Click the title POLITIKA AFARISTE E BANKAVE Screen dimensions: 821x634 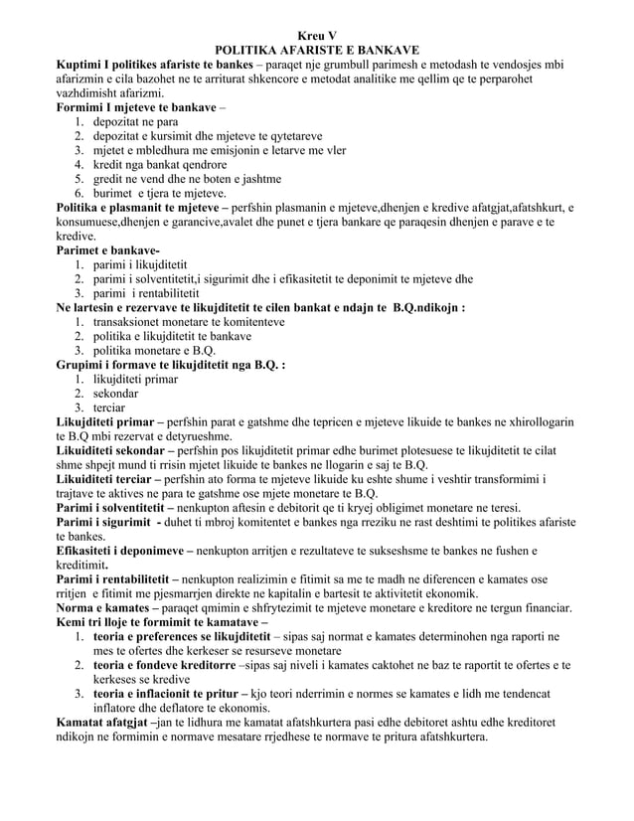pyautogui.click(x=316, y=51)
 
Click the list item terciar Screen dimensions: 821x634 pyautogui.click(x=114, y=408)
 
